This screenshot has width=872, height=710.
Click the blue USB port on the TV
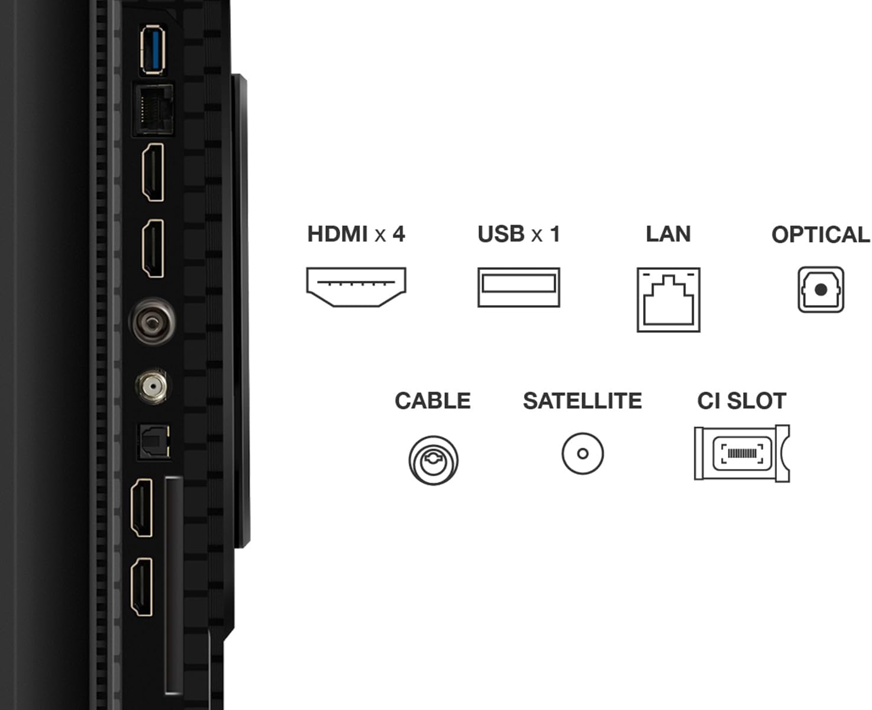point(152,50)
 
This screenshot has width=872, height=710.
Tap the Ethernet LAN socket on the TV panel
point(153,110)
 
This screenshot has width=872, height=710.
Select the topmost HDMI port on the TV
point(153,172)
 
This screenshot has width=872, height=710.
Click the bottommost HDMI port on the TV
point(141,587)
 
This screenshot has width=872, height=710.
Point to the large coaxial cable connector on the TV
point(152,322)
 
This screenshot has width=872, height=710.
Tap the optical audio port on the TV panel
point(154,442)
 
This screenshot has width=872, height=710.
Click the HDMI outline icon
point(356,286)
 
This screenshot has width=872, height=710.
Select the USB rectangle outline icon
point(519,287)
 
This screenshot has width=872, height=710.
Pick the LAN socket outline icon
point(668,299)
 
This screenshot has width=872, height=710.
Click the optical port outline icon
point(821,289)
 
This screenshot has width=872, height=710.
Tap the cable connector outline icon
point(434,460)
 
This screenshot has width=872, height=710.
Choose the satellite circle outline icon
point(583,453)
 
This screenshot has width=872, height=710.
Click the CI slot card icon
point(742,453)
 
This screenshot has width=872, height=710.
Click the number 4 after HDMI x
point(399,234)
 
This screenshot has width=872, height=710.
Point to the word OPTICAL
point(821,235)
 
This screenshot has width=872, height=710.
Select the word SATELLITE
point(583,401)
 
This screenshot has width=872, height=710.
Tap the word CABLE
point(432,401)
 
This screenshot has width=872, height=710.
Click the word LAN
point(668,234)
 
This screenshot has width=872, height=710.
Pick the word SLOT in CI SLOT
point(757,401)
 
